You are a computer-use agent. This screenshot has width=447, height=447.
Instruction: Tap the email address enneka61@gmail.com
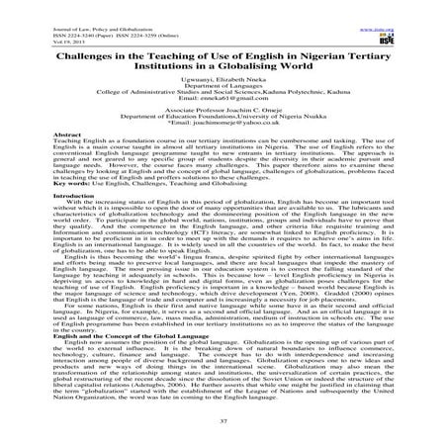[x=223, y=102]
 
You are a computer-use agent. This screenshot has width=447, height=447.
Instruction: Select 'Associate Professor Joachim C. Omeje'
[x=223, y=124]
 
